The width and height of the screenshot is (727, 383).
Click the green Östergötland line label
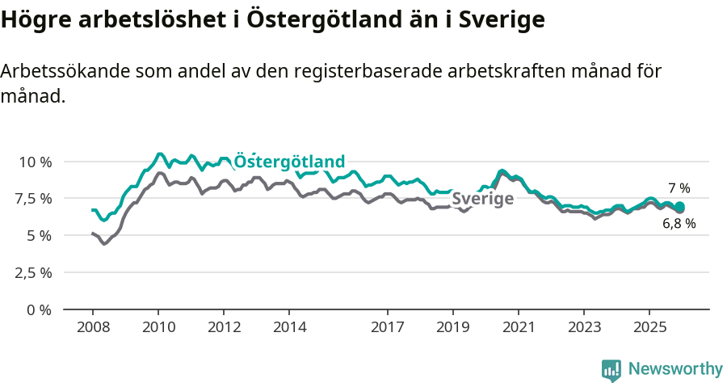(289, 161)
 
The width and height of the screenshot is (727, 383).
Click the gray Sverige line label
(482, 199)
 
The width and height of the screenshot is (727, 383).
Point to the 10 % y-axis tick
(35, 162)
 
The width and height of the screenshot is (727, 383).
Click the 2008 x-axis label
(93, 327)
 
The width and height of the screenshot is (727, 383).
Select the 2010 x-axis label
(158, 327)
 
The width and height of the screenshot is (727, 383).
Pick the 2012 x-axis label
(224, 327)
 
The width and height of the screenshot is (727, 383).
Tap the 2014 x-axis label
(289, 327)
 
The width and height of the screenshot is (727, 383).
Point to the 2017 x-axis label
(388, 327)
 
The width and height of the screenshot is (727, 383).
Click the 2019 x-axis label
(453, 327)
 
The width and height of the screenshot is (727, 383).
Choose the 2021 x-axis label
(519, 327)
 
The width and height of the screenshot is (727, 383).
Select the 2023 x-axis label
(584, 327)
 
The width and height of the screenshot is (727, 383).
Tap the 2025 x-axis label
(649, 327)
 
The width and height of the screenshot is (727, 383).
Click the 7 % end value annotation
(679, 188)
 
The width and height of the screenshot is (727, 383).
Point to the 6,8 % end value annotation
(679, 224)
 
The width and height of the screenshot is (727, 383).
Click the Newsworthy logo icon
(611, 370)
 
